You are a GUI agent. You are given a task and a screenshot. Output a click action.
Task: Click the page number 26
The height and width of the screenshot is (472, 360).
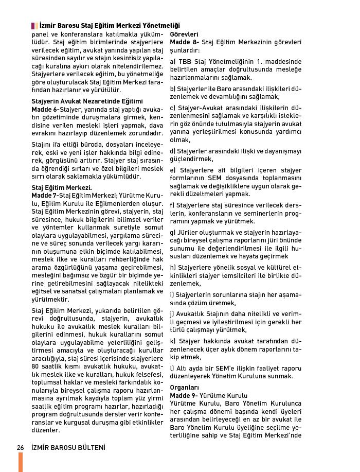(21, 447)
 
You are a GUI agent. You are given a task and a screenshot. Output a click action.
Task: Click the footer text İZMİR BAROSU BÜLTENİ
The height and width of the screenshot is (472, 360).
(68, 447)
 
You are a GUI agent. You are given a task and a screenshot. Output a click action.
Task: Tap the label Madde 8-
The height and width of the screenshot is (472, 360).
(184, 42)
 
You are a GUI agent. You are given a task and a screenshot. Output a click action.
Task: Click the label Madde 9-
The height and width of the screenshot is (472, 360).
(184, 395)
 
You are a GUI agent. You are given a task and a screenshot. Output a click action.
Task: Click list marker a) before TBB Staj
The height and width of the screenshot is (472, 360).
(173, 61)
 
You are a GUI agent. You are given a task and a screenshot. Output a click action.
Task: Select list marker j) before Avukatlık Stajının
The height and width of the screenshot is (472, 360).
(172, 313)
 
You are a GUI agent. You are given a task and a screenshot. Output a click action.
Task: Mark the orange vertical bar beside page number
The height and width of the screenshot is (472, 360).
(21, 462)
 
